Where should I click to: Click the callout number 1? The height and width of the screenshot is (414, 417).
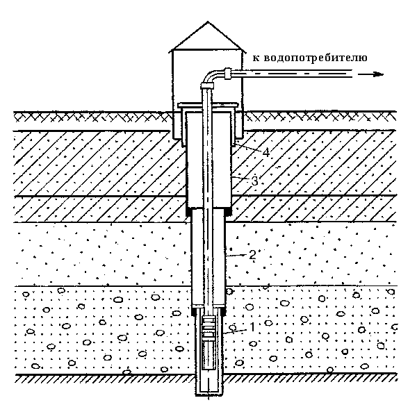coord(252,327)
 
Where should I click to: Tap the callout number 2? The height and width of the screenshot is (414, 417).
coord(252,255)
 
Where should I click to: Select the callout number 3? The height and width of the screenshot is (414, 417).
coord(254,181)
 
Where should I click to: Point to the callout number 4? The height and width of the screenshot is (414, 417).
coord(266,152)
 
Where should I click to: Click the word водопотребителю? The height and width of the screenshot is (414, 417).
coord(316,58)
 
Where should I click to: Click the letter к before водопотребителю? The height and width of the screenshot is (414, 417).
coord(256,58)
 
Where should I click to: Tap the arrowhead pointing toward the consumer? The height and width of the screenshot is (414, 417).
coord(379,74)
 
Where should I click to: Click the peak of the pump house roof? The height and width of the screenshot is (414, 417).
coord(208,22)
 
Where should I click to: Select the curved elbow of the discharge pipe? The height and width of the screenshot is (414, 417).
coord(211,75)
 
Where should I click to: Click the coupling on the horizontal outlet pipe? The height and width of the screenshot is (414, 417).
coord(229,74)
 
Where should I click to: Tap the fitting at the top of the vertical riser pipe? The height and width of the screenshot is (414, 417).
coord(207,86)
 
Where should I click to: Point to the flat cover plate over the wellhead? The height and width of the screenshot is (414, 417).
coord(208,105)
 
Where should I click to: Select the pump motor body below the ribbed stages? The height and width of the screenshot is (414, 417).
coord(208,355)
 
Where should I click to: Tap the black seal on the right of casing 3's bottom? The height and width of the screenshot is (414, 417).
coord(229,212)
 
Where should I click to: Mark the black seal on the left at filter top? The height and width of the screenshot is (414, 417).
coord(194,310)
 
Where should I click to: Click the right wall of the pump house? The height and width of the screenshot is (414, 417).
coord(243,94)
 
